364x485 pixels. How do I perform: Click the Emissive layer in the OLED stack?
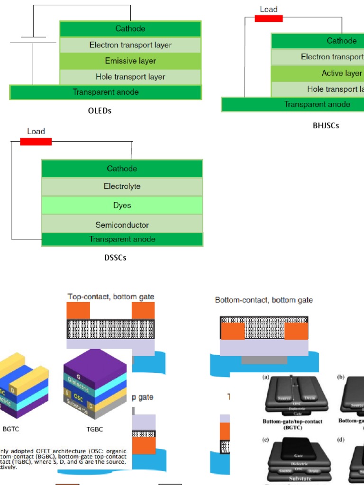pos(130,61)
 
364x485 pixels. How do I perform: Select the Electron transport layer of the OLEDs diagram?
pos(130,45)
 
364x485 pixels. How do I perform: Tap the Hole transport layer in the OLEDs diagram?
pos(130,77)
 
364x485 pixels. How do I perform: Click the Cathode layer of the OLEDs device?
pos(130,29)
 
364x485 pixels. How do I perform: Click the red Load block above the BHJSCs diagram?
pos(269,18)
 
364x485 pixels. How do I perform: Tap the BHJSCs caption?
pos(326,126)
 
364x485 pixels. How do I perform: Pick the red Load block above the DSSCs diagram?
pos(36,141)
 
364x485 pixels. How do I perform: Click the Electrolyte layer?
pos(122,187)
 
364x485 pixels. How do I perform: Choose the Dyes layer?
pos(122,206)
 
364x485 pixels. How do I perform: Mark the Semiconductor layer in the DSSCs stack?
pos(122,225)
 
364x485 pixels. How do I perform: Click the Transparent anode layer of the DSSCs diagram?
pos(122,239)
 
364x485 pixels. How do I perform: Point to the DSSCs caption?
pos(115,258)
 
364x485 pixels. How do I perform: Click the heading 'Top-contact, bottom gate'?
pos(111,297)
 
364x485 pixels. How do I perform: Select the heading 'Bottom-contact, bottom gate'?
pos(264,300)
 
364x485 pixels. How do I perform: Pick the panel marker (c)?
pos(267,440)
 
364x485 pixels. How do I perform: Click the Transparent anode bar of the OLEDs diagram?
pos(106,92)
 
